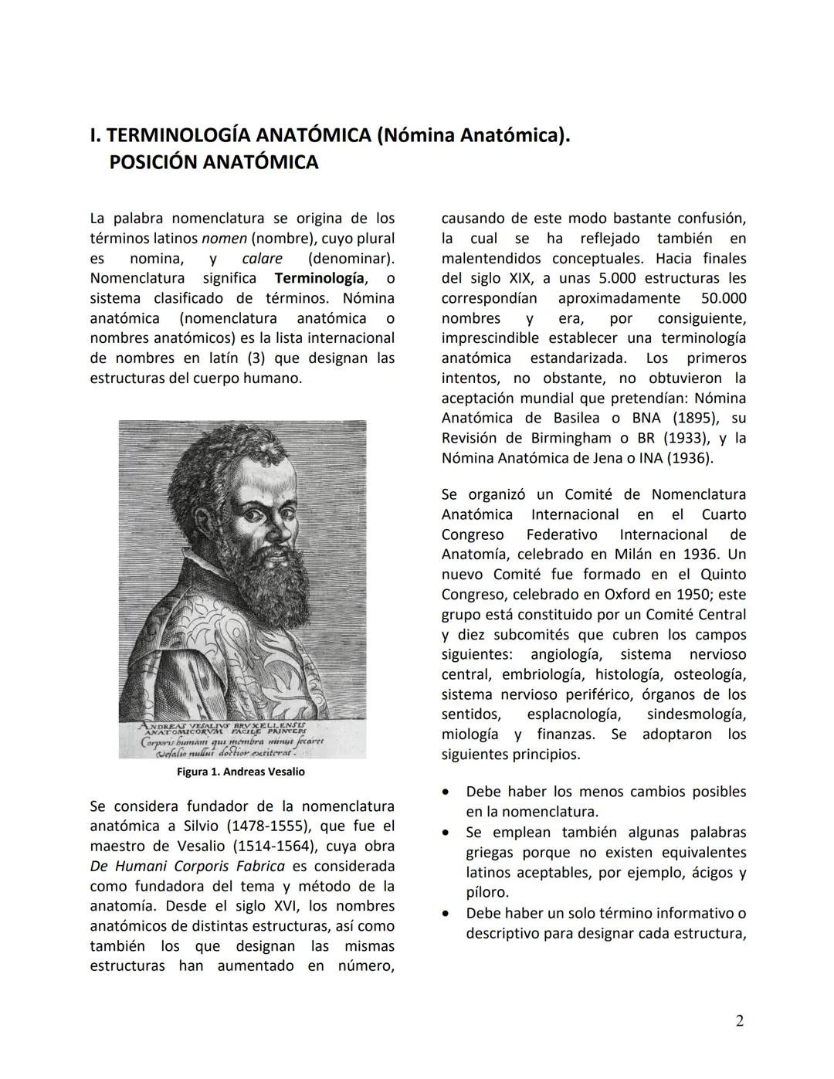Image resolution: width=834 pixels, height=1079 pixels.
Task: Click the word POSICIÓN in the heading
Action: coord(154,163)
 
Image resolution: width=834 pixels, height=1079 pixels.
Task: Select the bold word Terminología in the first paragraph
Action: coord(319,278)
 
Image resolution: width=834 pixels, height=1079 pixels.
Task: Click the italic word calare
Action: coord(262,258)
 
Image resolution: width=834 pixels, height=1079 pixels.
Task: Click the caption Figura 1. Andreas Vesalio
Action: coord(241,772)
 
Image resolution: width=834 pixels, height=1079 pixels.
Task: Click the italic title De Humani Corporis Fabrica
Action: coord(188,867)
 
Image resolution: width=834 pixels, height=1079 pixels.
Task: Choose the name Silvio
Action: coord(218,826)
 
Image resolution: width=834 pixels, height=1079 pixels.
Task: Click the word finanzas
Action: coord(566,735)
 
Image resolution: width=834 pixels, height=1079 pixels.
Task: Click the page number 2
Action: coord(739,1021)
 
